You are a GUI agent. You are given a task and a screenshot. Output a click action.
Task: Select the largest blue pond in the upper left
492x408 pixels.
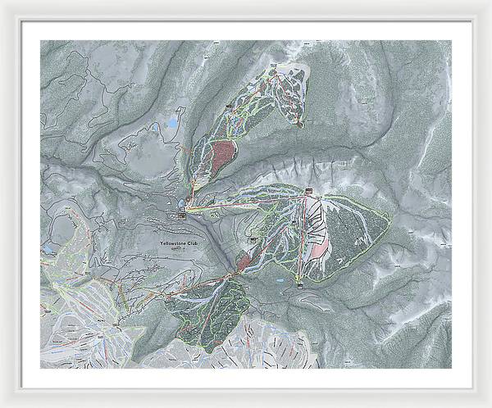[171, 124]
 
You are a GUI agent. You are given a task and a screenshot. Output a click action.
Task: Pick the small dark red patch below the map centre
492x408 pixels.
[244, 261]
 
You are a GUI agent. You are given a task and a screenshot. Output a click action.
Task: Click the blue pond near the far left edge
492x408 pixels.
[48, 247]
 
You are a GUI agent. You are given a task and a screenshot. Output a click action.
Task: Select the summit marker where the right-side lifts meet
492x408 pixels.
[309, 193]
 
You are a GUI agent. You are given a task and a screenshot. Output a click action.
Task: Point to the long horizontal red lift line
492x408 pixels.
[246, 201]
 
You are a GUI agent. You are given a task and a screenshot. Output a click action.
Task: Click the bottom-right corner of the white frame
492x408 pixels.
[489, 405]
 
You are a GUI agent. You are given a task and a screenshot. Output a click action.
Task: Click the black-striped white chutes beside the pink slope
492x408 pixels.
[316, 218]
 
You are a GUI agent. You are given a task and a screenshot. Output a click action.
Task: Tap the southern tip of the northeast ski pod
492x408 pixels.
[299, 125]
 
